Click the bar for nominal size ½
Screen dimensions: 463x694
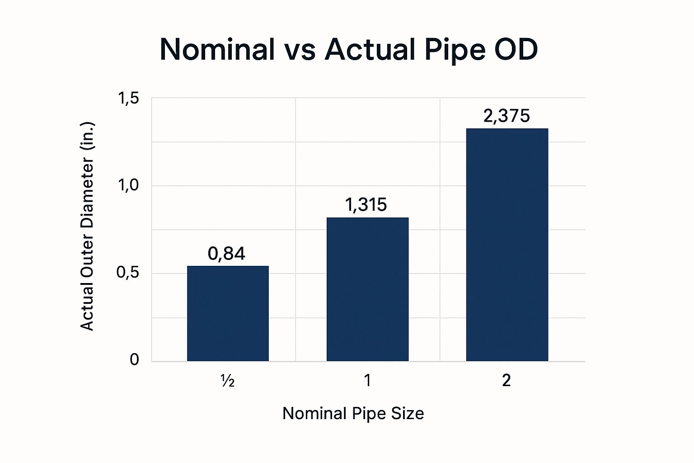coord(228,313)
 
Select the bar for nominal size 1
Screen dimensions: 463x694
coord(367,289)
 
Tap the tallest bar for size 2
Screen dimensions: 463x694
coord(507,245)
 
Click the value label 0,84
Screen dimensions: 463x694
coord(226,254)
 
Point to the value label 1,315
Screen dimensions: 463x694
coord(366,205)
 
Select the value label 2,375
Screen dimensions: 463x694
coord(506,116)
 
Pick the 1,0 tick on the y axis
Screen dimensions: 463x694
coord(128,186)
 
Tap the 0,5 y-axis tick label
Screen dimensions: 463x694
coord(128,273)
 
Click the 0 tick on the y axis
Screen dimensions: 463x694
coord(134,360)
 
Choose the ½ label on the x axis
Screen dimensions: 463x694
coord(227,381)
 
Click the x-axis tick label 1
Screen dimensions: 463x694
coord(367,381)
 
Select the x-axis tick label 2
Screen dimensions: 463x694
coord(506,381)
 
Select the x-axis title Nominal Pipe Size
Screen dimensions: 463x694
coord(353,413)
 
